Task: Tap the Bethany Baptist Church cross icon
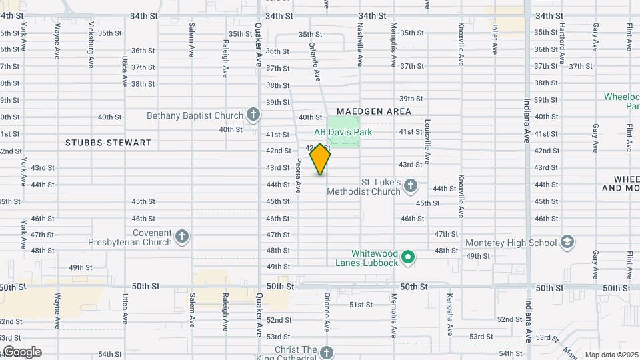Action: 253,115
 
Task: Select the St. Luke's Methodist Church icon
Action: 411,186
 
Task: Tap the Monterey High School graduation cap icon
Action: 567,242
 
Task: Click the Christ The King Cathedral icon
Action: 325,353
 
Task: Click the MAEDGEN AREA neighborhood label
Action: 373,111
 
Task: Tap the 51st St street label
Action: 361,305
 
